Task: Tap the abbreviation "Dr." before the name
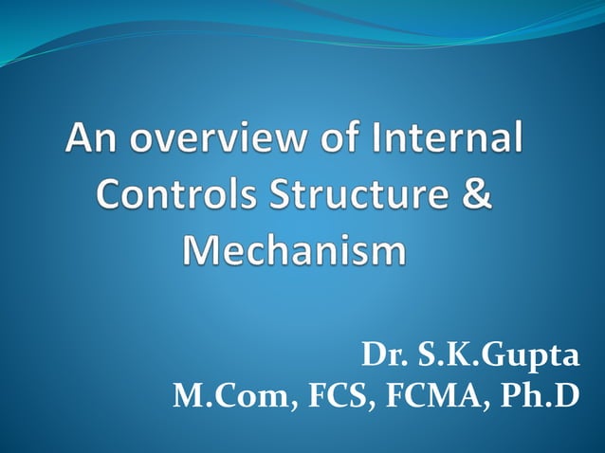[x=380, y=357]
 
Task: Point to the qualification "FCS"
[x=322, y=395]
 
